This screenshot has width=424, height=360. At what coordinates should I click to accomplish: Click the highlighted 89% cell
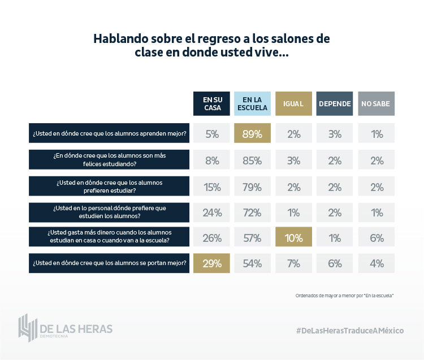click(253, 134)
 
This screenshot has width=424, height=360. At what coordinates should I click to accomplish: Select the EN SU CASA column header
click(211, 103)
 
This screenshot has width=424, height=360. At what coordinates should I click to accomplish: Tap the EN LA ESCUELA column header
click(253, 103)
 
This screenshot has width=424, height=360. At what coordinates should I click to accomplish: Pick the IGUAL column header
click(294, 103)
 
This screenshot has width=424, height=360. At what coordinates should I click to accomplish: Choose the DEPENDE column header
click(335, 103)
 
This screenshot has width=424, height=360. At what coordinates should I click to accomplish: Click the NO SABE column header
click(377, 103)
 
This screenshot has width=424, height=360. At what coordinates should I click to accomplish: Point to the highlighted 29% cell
click(211, 263)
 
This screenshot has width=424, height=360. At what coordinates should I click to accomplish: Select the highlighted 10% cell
click(294, 238)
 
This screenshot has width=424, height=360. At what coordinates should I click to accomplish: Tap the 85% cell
click(253, 160)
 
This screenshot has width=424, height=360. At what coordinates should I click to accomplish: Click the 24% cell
click(211, 212)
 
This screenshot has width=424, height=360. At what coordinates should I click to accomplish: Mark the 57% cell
click(253, 238)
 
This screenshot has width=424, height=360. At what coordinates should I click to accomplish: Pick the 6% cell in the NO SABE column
click(377, 238)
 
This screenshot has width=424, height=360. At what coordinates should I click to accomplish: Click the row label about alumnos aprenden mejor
click(109, 134)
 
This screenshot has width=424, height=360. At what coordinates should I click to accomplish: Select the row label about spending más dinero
click(109, 238)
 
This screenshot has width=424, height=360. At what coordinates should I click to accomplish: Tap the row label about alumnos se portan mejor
click(109, 263)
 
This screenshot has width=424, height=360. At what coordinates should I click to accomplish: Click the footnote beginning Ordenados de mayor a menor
click(344, 296)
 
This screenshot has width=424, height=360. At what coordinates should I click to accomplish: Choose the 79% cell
click(253, 186)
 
